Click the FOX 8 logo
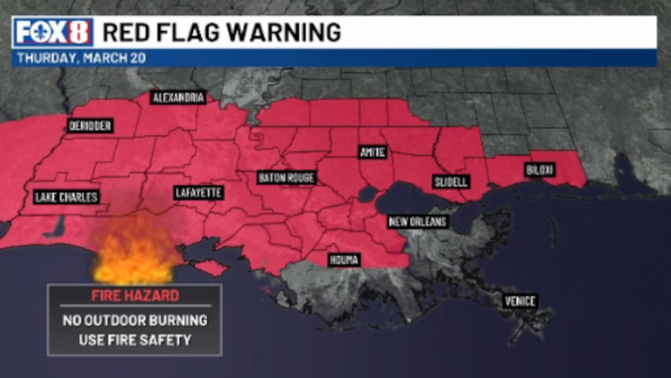53,32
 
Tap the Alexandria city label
178,97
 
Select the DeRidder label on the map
90,125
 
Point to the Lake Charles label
66,197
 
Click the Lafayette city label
198,192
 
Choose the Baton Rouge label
286,178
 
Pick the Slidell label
451,181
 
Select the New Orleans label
418,221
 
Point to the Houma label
344,260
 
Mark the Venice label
520,301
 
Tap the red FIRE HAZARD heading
135,296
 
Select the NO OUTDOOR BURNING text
135,320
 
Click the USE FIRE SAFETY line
135,339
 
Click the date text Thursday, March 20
81,58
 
